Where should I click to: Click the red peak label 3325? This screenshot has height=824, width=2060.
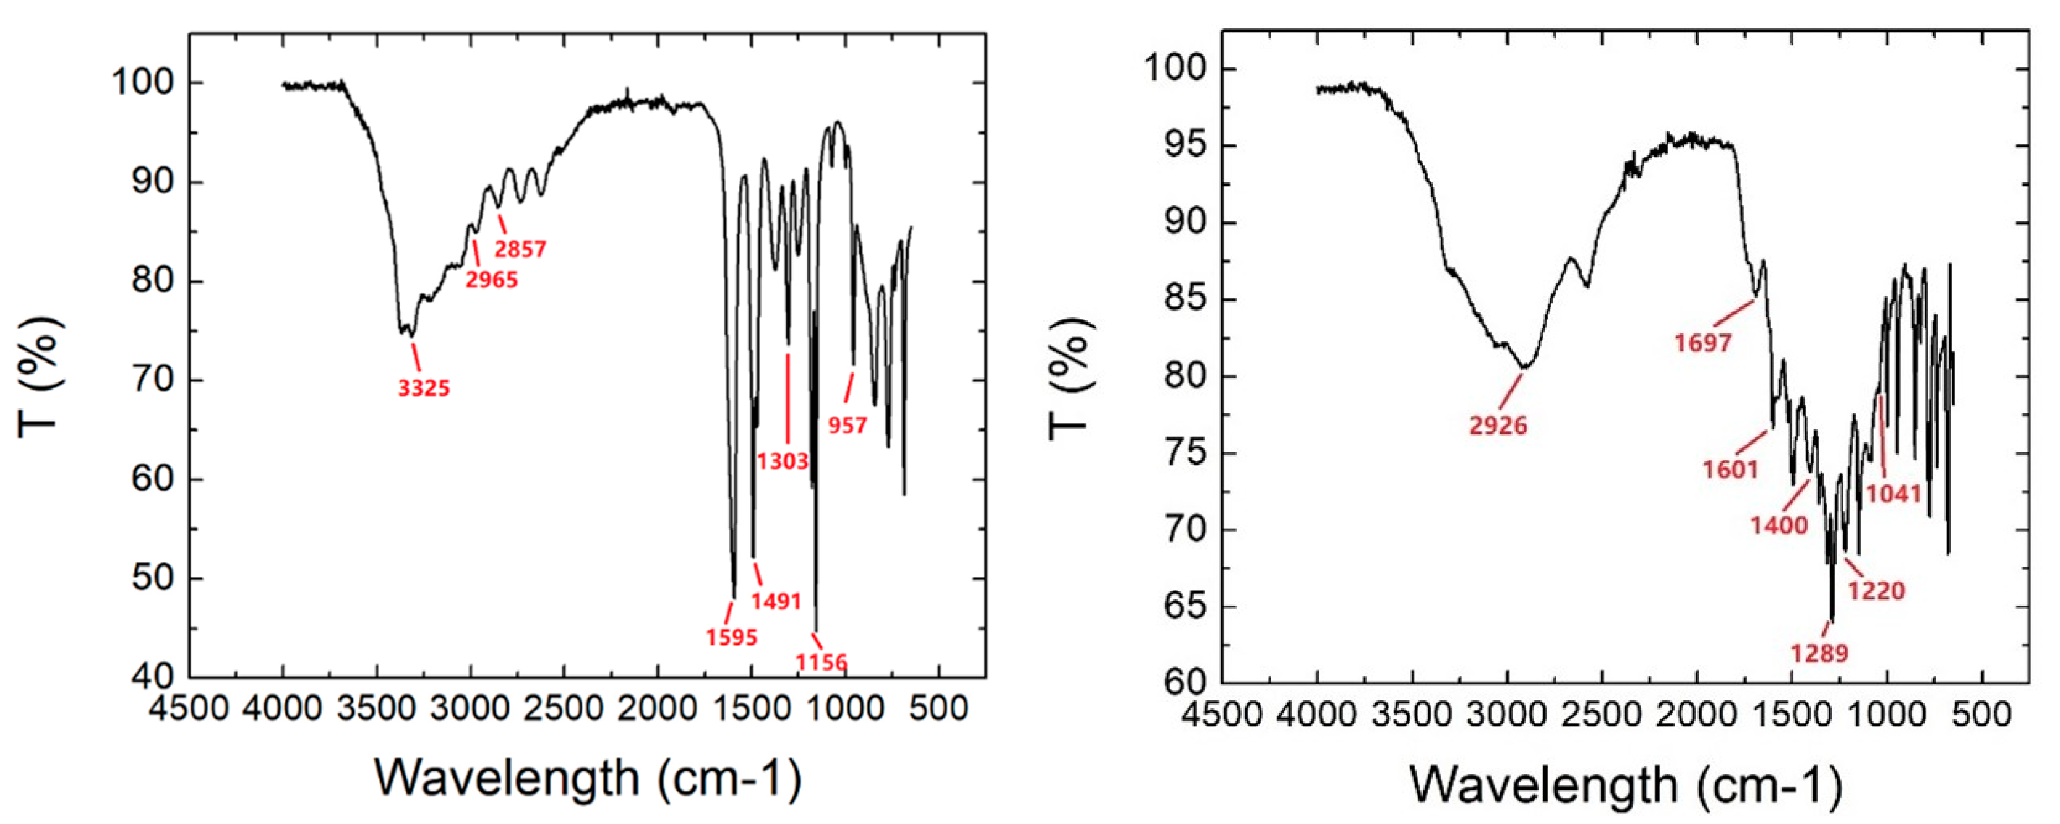coord(424,388)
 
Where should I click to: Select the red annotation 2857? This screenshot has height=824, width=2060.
coord(520,249)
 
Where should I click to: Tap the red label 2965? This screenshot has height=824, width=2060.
coord(492,280)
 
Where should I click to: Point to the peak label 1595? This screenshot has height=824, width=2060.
coord(731,638)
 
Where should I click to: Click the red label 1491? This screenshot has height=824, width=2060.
coord(776,601)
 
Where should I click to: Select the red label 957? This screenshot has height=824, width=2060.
coord(847,426)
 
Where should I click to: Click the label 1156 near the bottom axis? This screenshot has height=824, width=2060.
coord(822,663)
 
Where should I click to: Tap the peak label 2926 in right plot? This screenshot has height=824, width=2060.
coord(1498,426)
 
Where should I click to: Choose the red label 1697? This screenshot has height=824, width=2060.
coord(1702,343)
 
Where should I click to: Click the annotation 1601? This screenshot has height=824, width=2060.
coord(1730,469)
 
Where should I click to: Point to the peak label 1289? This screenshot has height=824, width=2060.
coord(1819,654)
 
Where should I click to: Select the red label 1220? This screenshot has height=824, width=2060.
coord(1876,591)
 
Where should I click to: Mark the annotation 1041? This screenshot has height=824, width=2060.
coord(1894,494)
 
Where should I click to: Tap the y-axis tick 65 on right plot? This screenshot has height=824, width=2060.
coord(1185,606)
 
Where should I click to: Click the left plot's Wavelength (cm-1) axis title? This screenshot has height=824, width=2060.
coord(588,778)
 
